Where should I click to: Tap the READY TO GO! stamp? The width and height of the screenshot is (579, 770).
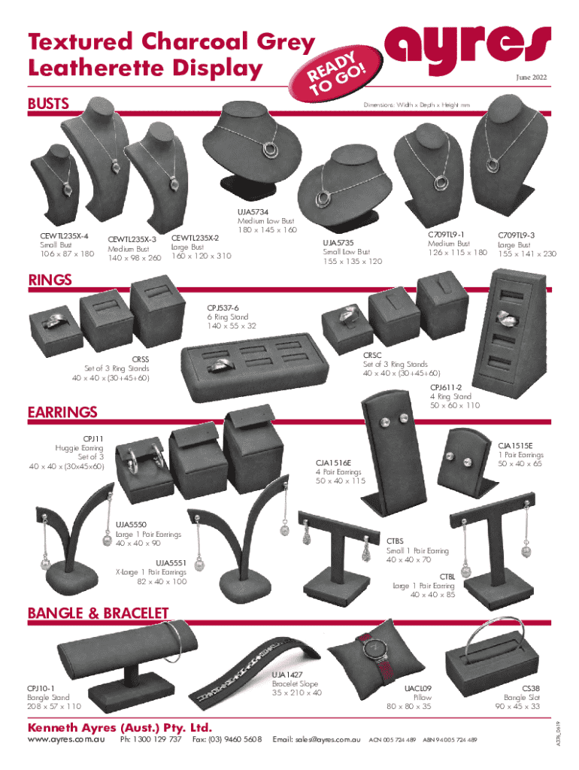coord(338,76)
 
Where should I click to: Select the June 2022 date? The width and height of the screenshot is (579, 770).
coord(532,78)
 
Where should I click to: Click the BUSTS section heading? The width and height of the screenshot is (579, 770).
coord(49,103)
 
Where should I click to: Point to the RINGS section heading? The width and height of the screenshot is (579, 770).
coord(50,280)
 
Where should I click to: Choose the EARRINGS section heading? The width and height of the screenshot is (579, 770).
coord(62,412)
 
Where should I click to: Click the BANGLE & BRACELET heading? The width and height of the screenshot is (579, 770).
coord(98,614)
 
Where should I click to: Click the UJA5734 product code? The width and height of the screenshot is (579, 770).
coord(253,213)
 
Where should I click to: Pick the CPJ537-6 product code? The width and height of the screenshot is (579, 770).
coord(226,308)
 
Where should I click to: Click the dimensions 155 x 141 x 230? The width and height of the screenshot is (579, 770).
coord(526,254)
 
